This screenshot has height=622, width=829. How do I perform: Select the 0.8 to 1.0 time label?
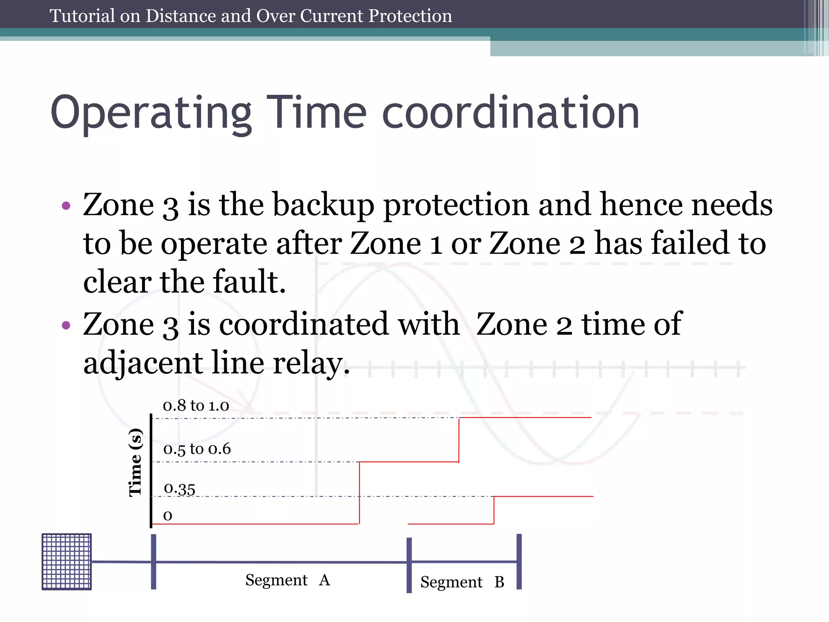click(x=196, y=405)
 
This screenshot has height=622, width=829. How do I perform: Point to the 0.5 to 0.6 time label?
click(x=197, y=449)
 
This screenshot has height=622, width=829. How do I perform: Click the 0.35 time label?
click(x=179, y=489)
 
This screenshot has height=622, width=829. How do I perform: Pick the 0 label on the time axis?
click(x=168, y=515)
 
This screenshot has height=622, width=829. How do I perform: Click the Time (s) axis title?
click(x=135, y=462)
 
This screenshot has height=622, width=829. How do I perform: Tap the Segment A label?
click(x=287, y=580)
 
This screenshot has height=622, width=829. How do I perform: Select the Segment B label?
click(x=462, y=582)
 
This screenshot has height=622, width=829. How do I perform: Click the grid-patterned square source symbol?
click(x=67, y=562)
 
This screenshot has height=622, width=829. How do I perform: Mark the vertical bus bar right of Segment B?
click(x=519, y=561)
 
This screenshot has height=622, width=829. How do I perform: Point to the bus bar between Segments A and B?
click(x=409, y=565)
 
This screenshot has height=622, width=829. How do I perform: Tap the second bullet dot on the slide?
click(x=66, y=325)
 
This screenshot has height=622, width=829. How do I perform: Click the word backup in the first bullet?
click(x=323, y=205)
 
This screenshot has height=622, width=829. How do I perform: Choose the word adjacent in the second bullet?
click(x=143, y=363)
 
